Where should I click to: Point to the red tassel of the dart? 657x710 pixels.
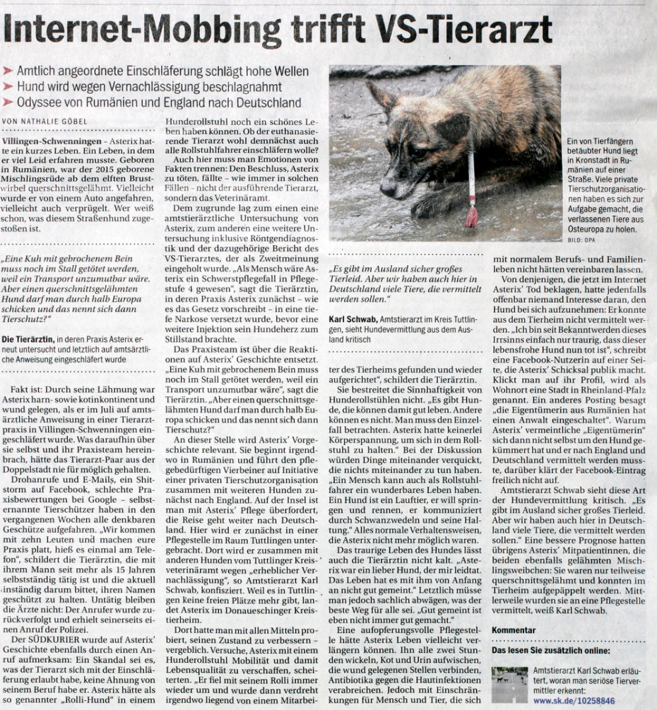(x=471, y=216)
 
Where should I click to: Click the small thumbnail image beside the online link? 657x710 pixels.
(x=509, y=684)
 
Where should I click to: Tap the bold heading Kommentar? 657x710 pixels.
(x=514, y=629)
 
